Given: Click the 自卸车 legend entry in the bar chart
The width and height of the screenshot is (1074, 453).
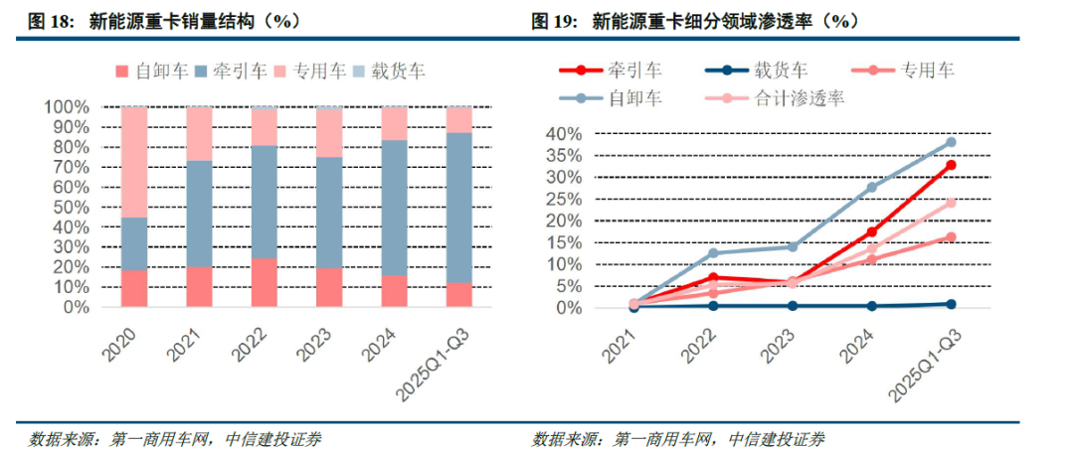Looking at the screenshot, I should pos(148,71).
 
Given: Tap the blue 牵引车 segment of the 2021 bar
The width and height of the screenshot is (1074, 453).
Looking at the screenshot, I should pos(199,214).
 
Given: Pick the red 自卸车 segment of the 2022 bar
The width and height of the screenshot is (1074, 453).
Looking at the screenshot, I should pos(264,283).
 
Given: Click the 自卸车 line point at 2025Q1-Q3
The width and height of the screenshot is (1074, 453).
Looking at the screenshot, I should pos(951,142).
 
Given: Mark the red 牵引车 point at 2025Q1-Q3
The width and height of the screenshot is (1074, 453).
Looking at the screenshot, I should pos(951,165).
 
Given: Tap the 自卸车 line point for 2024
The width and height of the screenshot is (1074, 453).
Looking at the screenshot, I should pos(872,187).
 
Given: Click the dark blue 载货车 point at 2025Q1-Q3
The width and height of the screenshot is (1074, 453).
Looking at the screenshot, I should pos(951,304).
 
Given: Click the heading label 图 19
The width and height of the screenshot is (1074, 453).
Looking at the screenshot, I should pos(555,21).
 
